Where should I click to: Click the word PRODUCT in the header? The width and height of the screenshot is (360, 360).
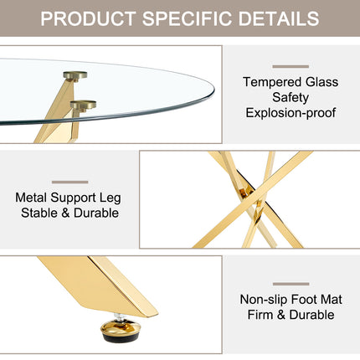click(88, 18)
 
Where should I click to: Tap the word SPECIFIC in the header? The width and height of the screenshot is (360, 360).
click(188, 18)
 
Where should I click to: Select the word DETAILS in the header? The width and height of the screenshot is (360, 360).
click(279, 18)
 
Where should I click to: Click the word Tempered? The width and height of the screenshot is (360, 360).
click(272, 82)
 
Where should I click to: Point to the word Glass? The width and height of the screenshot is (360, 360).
click(321, 82)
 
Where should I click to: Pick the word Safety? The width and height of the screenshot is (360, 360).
click(291, 98)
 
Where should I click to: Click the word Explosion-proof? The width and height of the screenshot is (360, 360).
click(291, 113)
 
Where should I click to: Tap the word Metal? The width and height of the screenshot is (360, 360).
click(31, 198)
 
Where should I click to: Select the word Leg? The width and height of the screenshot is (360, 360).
click(111, 198)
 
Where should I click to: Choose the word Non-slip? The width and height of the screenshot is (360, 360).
click(264, 300)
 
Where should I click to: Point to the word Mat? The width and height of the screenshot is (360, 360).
click(332, 300)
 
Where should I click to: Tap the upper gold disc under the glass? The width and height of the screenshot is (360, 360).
click(75, 75)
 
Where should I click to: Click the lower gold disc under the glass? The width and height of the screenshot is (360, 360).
click(83, 105)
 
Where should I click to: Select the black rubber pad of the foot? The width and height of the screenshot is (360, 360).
click(121, 337)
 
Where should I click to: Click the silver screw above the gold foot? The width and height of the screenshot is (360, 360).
click(120, 317)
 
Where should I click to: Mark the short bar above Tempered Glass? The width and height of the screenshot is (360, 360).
click(291, 67)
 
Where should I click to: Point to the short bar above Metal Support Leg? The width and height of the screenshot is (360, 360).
click(69, 183)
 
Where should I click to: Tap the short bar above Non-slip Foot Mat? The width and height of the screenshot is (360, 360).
click(291, 284)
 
